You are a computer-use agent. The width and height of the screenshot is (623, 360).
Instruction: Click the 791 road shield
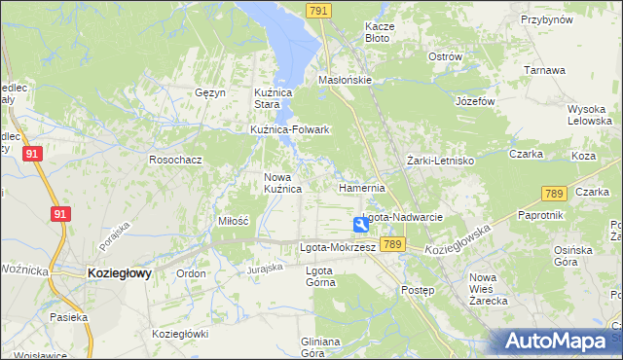click(318, 10)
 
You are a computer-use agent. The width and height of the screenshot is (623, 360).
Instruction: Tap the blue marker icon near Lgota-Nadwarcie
click(361, 225)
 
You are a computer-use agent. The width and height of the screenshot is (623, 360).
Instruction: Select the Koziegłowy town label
click(119, 274)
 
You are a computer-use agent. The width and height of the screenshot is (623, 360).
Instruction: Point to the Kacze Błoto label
click(378, 32)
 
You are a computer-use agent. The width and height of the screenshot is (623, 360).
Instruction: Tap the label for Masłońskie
click(346, 80)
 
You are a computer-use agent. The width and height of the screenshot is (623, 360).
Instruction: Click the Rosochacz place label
click(175, 159)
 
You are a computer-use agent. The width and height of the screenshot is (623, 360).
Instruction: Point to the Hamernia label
click(362, 188)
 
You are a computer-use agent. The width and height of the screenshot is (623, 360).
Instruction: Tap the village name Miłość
click(234, 222)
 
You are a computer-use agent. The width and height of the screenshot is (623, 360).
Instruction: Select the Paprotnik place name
click(540, 215)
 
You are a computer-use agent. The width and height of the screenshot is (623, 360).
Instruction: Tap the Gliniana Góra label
click(320, 347)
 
